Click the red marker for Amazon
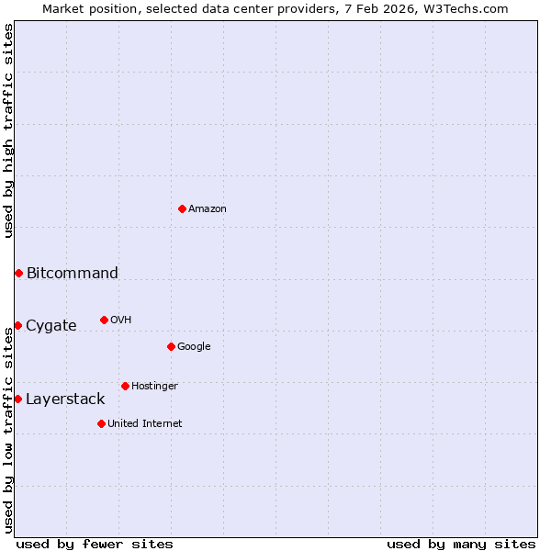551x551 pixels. click(182, 208)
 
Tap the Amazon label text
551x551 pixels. click(208, 209)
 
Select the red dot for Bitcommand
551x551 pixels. click(18, 273)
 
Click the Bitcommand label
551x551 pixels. click(73, 273)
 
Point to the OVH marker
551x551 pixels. click(104, 320)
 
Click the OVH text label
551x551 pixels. click(121, 320)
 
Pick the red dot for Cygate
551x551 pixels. click(17, 325)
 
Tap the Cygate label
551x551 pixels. click(51, 326)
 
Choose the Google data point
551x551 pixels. click(171, 346)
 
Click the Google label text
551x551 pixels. click(194, 347)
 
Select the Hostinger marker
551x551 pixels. click(125, 386)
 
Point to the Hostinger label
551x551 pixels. click(154, 387)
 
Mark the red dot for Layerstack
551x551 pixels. click(17, 399)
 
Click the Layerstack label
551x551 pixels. click(65, 399)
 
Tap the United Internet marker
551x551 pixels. click(101, 423)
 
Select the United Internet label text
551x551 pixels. click(145, 424)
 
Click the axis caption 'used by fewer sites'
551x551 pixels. click(95, 545)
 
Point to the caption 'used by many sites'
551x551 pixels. click(461, 545)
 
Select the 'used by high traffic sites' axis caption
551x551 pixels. click(9, 130)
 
